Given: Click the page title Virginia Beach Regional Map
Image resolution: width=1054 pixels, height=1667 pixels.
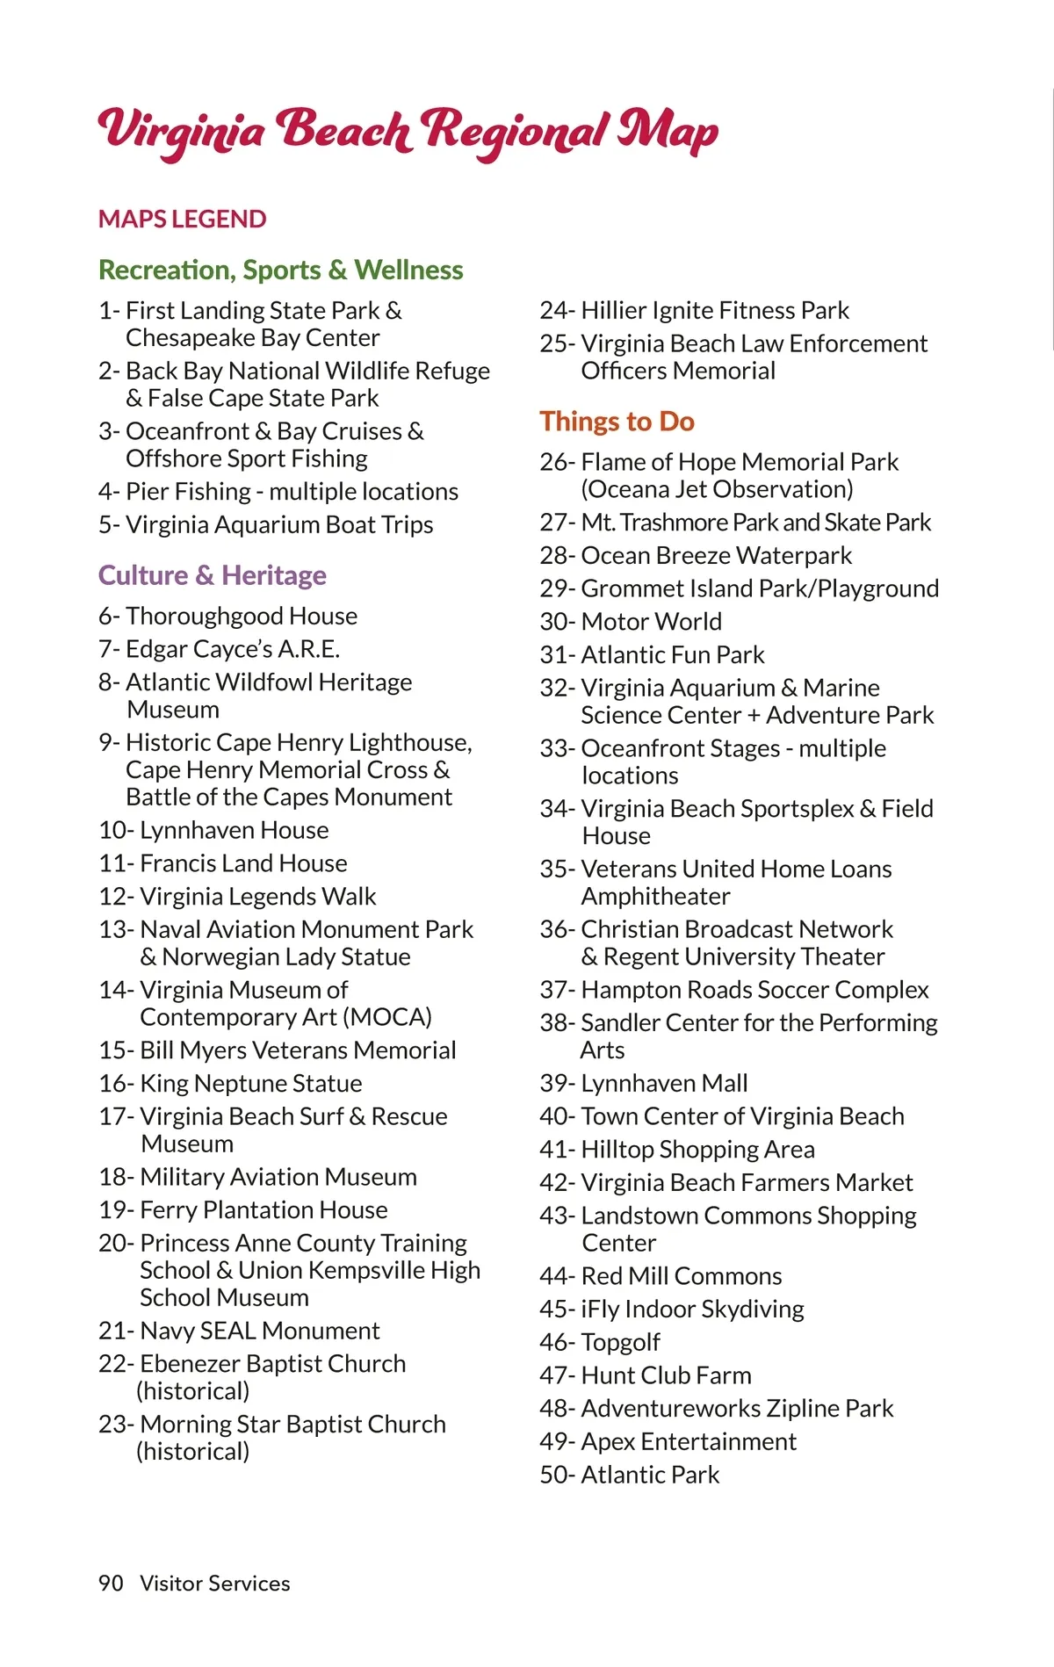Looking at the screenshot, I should coord(408,132).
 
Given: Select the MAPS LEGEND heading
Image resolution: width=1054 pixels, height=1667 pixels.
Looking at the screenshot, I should coord(182,219).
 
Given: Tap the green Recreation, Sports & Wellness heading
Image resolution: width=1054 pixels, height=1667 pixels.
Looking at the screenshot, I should coord(280,270).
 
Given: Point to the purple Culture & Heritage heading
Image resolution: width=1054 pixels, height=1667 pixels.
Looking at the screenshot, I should coord(212,575).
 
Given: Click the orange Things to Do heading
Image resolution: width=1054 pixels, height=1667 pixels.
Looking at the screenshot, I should coord(617,422).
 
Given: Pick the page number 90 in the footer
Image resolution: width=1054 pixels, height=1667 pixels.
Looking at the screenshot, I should coord(111,1583).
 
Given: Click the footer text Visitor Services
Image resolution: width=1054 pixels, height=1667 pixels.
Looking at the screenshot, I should coord(215,1583).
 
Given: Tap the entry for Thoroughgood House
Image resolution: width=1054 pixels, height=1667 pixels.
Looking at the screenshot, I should coord(241,616).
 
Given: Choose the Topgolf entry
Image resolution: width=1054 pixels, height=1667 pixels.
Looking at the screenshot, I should coord(620,1342).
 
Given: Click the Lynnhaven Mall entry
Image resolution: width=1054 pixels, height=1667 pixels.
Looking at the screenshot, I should coord(664,1083).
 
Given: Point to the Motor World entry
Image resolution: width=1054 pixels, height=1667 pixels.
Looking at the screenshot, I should coord(651,621).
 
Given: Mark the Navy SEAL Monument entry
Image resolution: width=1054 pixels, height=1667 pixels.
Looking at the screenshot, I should coord(259,1331).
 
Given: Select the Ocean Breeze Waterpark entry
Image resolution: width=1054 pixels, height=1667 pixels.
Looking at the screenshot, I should coord(716,555).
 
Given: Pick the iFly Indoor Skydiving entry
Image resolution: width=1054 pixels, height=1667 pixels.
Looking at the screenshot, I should coord(692,1309).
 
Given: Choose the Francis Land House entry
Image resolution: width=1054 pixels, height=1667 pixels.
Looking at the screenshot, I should coord(243,863).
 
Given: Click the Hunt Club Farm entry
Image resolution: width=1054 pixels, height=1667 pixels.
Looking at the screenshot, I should coord(666,1375).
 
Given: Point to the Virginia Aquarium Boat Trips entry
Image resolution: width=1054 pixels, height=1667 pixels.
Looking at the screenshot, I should coord(279,524).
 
